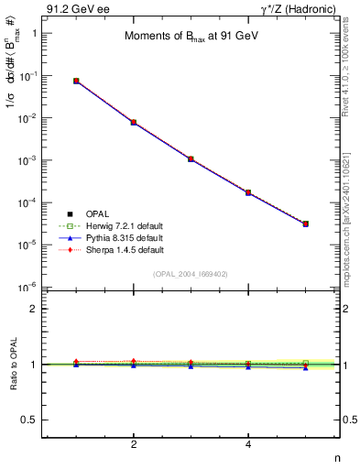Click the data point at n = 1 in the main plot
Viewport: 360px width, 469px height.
click(x=76, y=81)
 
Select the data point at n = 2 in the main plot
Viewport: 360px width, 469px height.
click(x=134, y=122)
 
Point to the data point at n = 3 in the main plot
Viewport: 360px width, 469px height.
click(x=191, y=158)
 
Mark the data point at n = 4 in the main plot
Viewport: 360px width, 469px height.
click(x=248, y=192)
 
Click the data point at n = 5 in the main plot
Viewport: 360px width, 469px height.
click(x=306, y=224)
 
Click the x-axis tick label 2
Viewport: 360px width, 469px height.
click(x=134, y=445)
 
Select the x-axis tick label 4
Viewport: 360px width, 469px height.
click(x=248, y=445)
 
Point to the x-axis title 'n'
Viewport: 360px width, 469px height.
click(x=336, y=457)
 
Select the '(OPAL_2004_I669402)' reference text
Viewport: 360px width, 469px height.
click(x=191, y=273)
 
